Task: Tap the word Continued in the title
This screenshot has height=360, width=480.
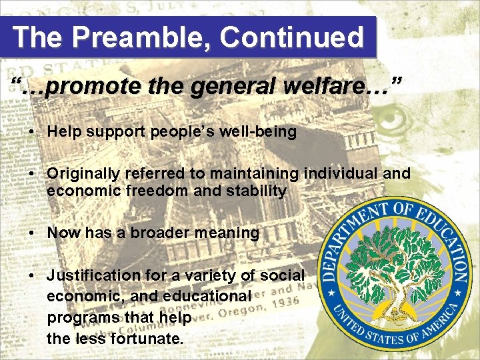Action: point(291,37)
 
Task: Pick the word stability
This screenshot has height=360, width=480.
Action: point(257,191)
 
